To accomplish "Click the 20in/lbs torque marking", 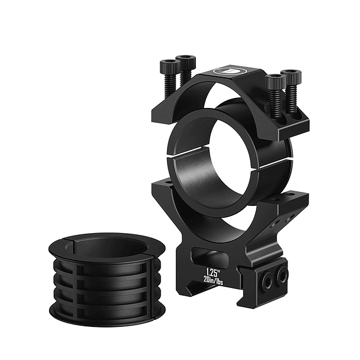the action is pos(213,280).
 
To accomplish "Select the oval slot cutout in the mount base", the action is pos(209,256).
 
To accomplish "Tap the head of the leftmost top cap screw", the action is pos(170,66).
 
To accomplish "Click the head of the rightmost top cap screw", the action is pos(291,76).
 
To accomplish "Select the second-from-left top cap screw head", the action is pos(186,61).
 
